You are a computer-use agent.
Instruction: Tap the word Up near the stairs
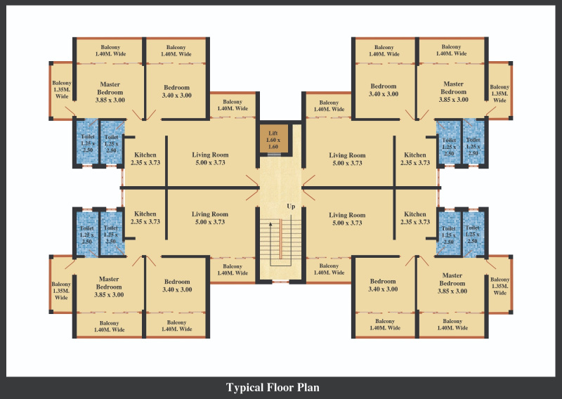pyautogui.click(x=290, y=207)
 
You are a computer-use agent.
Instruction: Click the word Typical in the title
pyautogui.click(x=244, y=387)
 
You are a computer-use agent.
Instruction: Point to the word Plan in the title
pyautogui.click(x=308, y=387)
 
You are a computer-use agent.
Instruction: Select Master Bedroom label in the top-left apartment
pyautogui.click(x=110, y=92)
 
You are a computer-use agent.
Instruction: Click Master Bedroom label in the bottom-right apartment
pyautogui.click(x=452, y=283)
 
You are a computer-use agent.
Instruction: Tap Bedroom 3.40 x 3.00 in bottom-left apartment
pyautogui.click(x=176, y=285)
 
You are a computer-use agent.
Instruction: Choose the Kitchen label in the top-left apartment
pyautogui.click(x=145, y=159)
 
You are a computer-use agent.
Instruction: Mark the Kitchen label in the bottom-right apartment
pyautogui.click(x=414, y=218)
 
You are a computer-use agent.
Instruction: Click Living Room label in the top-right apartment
pyautogui.click(x=347, y=159)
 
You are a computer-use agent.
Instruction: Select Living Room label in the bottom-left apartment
pyautogui.click(x=210, y=218)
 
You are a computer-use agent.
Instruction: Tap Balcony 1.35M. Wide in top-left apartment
pyautogui.click(x=61, y=90)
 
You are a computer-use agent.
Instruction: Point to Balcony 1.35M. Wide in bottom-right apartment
pyautogui.click(x=499, y=285)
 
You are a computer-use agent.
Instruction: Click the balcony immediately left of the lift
pyautogui.click(x=233, y=105)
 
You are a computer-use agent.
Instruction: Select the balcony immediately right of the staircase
pyautogui.click(x=329, y=270)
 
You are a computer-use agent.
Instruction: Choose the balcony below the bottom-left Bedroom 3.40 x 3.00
pyautogui.click(x=176, y=325)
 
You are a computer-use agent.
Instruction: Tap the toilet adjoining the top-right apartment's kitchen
pyautogui.click(x=449, y=145)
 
